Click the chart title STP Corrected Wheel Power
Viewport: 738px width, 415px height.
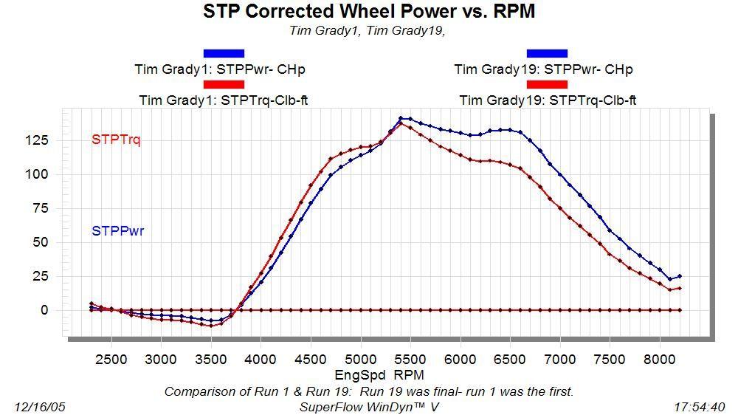368,12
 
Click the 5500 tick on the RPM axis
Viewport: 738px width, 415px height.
410,360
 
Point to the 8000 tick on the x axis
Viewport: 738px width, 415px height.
661,360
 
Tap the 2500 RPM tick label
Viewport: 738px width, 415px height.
111,360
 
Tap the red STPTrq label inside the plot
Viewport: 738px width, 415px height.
116,139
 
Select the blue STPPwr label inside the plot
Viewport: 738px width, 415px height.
117,231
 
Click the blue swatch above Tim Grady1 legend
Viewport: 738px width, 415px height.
223,53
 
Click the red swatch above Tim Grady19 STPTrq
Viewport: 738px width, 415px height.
547,84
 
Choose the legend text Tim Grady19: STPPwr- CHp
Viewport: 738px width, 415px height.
543,69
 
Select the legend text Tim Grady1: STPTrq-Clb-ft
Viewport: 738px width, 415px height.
223,100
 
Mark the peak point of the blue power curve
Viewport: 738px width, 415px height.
401,118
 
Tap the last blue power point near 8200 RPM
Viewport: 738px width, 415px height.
680,276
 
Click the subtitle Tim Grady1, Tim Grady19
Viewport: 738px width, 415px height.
368,30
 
